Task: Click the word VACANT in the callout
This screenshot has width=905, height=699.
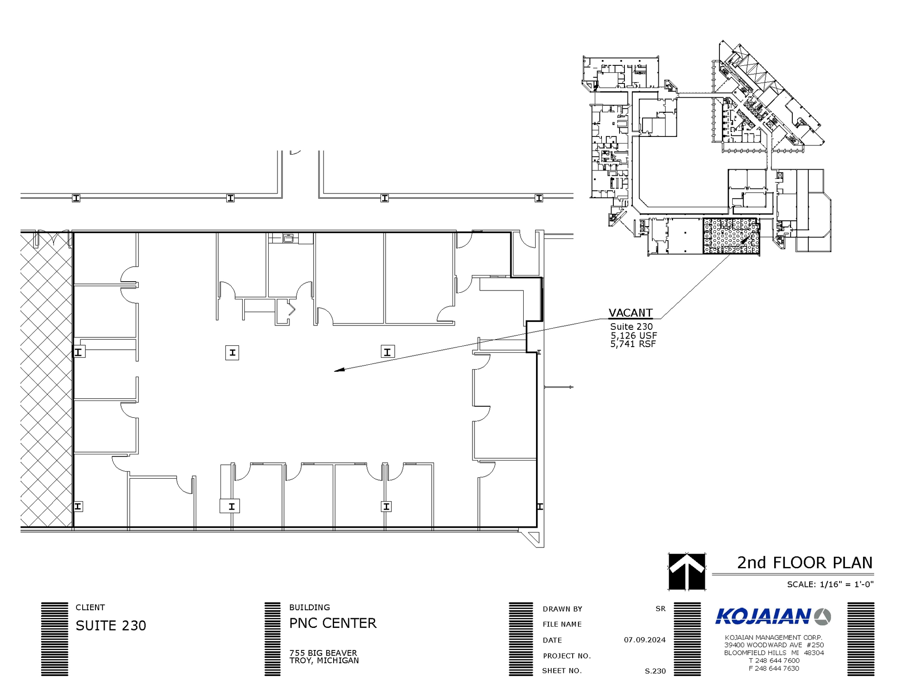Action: coord(630,313)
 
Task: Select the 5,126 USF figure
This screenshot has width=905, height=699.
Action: coord(633,336)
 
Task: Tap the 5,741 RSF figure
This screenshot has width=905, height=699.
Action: coord(633,344)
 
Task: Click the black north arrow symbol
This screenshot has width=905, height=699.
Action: coord(686,571)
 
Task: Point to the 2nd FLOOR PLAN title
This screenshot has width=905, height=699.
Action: coord(805,563)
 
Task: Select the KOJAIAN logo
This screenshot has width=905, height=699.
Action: coord(773,616)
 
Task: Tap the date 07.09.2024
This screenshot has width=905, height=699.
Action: coord(644,640)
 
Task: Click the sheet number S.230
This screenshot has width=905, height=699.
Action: coord(655,671)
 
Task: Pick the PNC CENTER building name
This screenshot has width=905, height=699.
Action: coord(333,623)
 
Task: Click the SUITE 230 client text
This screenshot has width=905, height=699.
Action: coord(111,626)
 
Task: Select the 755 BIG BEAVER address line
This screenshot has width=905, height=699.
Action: coord(323,653)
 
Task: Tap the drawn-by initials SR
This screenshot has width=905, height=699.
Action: coord(660,608)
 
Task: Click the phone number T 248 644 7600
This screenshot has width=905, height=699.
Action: coord(774,661)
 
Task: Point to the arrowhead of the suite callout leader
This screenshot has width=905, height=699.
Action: coord(337,370)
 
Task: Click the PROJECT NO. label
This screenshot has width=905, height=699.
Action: coord(567,656)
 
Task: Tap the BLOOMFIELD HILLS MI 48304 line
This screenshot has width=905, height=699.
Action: coord(774,653)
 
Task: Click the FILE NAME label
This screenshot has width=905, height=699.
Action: coord(562,624)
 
